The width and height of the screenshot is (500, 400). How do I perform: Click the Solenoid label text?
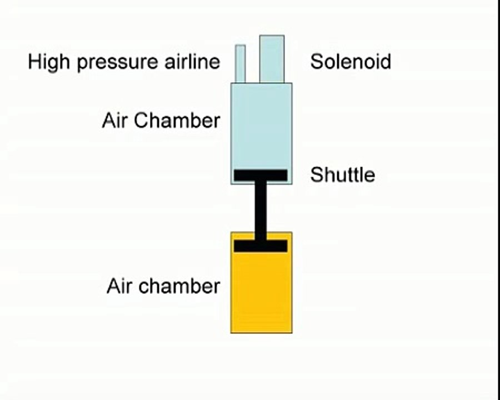(x=351, y=62)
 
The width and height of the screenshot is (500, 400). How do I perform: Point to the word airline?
(x=192, y=62)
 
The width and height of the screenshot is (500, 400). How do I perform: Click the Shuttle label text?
(x=342, y=175)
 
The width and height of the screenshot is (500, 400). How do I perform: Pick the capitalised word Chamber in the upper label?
(x=177, y=121)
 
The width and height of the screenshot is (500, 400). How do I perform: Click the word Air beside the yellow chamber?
(x=119, y=286)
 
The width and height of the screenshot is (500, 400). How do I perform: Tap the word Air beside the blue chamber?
(x=115, y=121)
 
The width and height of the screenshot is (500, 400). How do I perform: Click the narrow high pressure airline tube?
(x=241, y=64)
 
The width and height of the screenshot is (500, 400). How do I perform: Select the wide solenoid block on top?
(x=272, y=59)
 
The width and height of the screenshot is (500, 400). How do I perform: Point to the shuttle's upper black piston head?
(x=261, y=176)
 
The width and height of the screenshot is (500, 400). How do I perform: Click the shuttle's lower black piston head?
(x=261, y=246)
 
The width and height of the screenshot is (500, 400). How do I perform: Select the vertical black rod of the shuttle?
(x=261, y=211)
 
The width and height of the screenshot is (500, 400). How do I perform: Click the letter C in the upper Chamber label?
(x=141, y=121)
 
